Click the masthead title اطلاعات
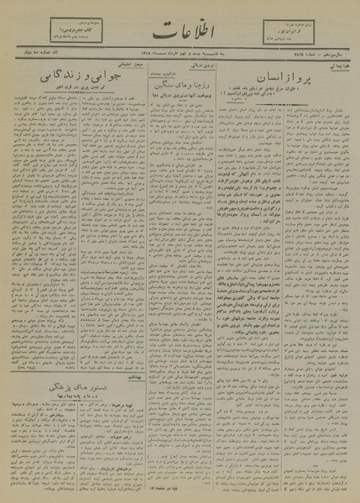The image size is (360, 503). (179, 36)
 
